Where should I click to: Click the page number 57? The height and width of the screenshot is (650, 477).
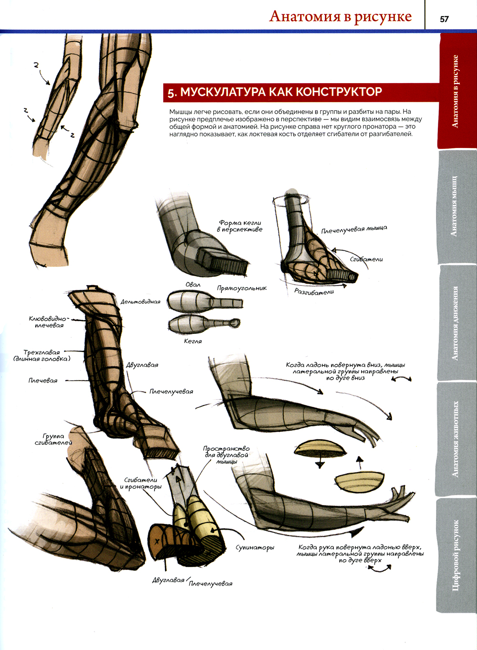[444, 19]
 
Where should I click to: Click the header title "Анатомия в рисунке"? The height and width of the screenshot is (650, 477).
[340, 16]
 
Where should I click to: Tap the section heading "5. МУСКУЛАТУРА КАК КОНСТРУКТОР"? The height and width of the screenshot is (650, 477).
[275, 92]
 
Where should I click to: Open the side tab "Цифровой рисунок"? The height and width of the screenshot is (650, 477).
[456, 555]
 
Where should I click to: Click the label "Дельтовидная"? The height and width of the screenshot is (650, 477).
[140, 302]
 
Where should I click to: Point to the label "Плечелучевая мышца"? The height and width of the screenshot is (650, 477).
[354, 230]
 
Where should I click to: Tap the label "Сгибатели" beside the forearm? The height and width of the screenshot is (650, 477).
[366, 259]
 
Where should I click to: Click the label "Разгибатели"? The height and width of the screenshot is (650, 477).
[314, 291]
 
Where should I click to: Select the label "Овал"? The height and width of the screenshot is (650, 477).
[193, 285]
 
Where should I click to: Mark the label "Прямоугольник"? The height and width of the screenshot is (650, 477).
[242, 288]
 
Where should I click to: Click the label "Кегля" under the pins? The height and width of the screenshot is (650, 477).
[193, 341]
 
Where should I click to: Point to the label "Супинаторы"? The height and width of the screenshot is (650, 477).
[255, 547]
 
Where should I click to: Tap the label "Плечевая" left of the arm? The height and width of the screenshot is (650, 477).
[43, 381]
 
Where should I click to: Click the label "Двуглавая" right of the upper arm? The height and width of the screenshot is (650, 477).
[142, 365]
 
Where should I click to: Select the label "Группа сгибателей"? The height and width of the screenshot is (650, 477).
[53, 439]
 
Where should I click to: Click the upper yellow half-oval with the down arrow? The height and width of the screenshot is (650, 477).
[320, 450]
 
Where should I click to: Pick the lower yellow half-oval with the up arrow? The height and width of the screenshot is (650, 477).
[359, 480]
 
